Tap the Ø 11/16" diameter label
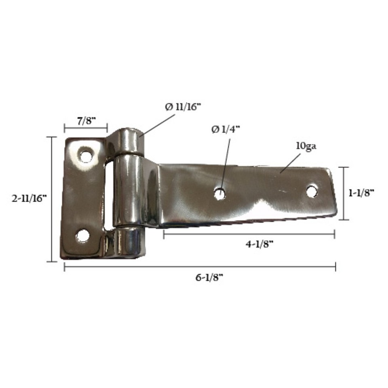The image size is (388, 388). pos(183,107)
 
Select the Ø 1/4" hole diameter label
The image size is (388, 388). pos(226,129)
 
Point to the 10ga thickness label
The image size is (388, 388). pos(306,146)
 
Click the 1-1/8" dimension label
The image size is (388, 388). pos(361,193)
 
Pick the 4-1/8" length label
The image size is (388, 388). pos(259,244)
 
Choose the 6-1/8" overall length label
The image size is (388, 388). pos(209,278)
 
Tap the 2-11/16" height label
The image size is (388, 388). pos(29,198)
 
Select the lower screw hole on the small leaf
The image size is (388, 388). pos(82,236)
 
